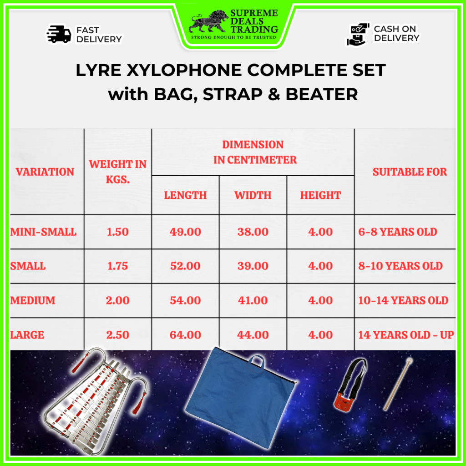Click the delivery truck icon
pos(59,34)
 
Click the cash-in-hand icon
pos(358,34)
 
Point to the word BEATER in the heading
pos(322,94)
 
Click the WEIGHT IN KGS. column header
pos(118,172)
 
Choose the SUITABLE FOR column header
pos(410,172)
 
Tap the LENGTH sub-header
pos(185,195)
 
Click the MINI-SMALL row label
pos(43,232)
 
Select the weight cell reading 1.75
pos(118,266)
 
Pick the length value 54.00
pos(185,300)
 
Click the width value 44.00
pos(253,335)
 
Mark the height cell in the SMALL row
pos(320,266)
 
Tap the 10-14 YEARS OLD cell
pos(403,300)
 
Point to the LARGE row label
pos(27,335)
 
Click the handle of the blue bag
pos(256,360)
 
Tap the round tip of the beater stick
pos(408,361)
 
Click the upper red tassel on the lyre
pos(79,363)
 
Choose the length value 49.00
pos(185,232)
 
